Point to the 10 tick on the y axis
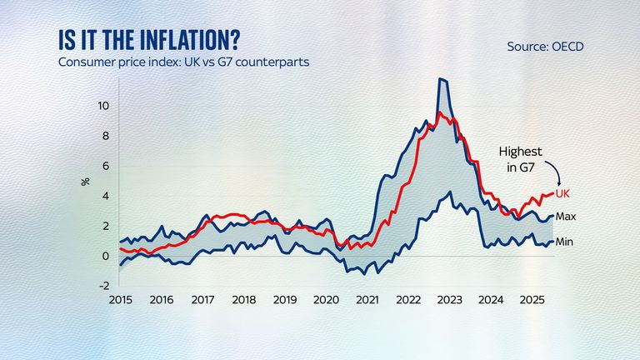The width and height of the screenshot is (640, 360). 103,106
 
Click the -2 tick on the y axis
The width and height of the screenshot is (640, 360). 103,286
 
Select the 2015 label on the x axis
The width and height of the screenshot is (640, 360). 120,298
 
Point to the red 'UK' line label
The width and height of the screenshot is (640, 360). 562,193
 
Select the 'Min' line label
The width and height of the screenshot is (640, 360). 565,242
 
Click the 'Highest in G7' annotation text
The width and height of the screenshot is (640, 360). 521,159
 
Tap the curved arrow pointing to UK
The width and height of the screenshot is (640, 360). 553,171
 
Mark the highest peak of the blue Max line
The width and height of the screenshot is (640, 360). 442,79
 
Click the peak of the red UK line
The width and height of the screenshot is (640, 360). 439,112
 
